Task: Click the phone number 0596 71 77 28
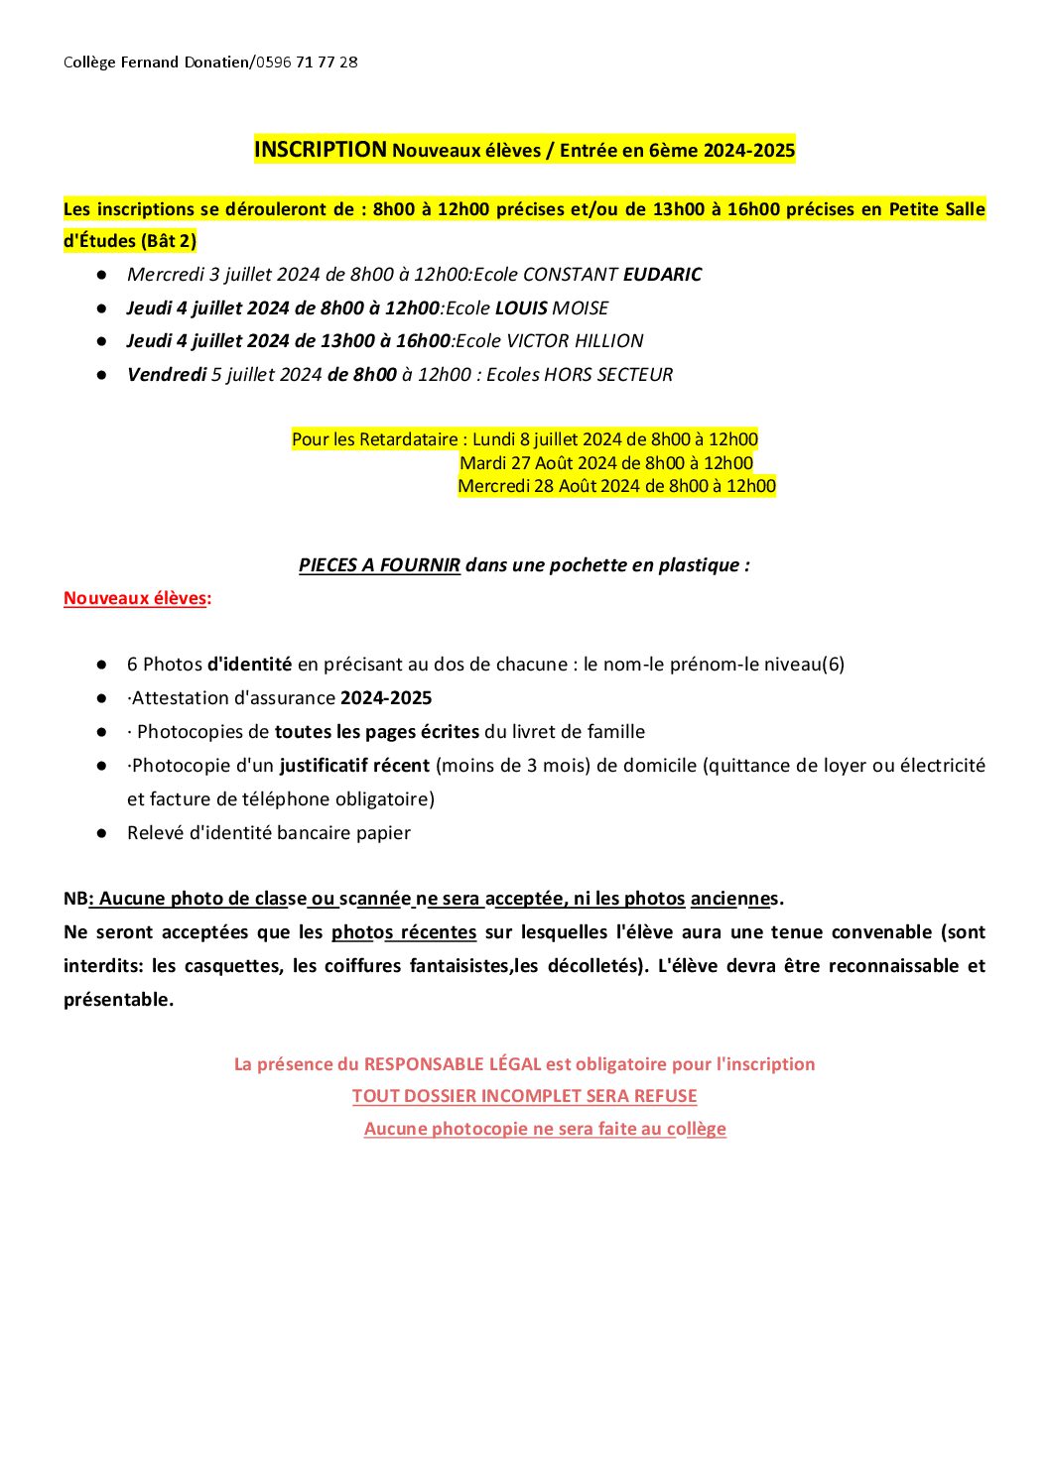tap(307, 62)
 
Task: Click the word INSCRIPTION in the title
tap(321, 150)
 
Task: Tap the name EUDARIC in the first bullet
tap(662, 275)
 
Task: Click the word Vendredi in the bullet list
tap(167, 375)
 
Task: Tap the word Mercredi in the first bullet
tap(165, 275)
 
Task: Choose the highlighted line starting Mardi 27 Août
tap(606, 463)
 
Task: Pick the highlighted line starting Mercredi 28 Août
tap(616, 486)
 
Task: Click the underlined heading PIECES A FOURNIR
tap(379, 565)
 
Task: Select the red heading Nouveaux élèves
tap(135, 598)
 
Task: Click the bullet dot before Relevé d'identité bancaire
tap(101, 833)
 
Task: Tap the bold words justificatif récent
tap(354, 766)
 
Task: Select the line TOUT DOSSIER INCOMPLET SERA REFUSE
tap(524, 1096)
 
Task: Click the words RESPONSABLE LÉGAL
tap(453, 1064)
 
